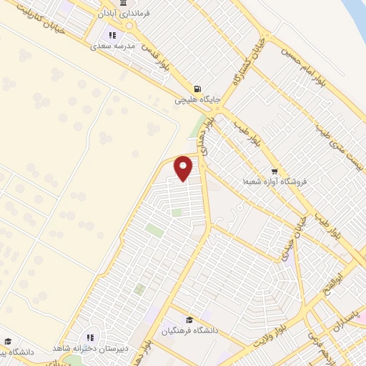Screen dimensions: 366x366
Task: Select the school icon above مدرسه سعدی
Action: click(111, 34)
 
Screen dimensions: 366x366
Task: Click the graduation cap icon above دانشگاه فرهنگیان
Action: click(189, 320)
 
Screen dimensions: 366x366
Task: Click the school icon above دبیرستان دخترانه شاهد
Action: click(90, 337)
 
